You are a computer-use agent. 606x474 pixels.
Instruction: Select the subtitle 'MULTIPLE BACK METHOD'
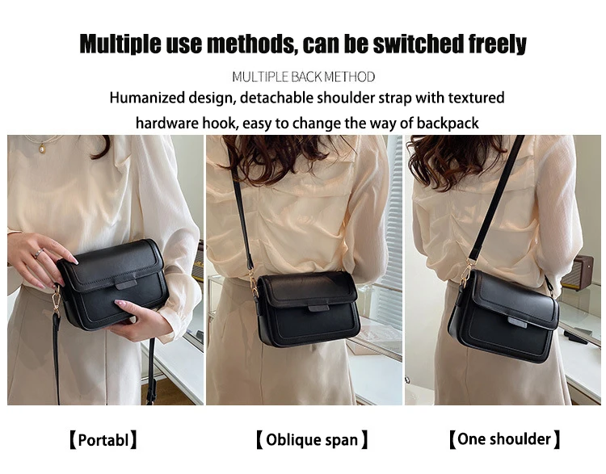(x=303, y=77)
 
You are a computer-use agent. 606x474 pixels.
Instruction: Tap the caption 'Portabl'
(x=103, y=440)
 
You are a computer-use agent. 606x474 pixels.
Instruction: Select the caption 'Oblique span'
(x=312, y=440)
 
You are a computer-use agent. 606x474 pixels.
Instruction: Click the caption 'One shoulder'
(x=504, y=440)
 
